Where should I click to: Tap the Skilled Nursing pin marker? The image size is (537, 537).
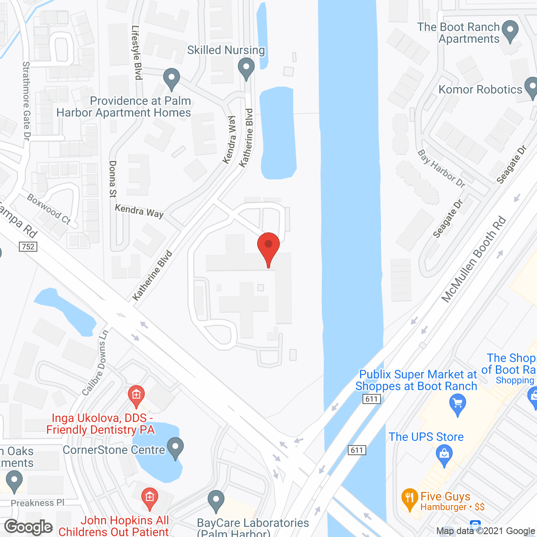click(x=246, y=68)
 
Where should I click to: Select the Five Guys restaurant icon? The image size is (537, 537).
click(x=409, y=498)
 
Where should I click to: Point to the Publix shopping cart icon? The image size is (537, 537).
click(x=457, y=405)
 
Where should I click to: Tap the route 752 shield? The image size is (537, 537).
click(x=28, y=247)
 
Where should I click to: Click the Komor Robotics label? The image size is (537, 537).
click(x=480, y=89)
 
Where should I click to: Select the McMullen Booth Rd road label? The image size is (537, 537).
click(x=474, y=260)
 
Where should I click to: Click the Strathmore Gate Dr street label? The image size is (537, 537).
click(x=26, y=101)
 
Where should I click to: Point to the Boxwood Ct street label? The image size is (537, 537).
click(x=49, y=209)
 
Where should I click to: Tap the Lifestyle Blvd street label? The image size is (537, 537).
click(x=137, y=52)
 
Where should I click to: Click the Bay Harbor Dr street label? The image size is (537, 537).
click(x=441, y=169)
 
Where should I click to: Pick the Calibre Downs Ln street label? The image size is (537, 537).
click(x=95, y=363)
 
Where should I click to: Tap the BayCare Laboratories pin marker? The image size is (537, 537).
click(x=216, y=500)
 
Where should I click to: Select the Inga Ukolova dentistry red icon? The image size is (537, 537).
click(x=136, y=395)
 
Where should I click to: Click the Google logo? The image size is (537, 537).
click(x=29, y=527)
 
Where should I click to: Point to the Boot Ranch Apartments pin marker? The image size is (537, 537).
click(x=510, y=31)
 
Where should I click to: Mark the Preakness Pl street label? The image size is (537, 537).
click(x=38, y=503)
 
